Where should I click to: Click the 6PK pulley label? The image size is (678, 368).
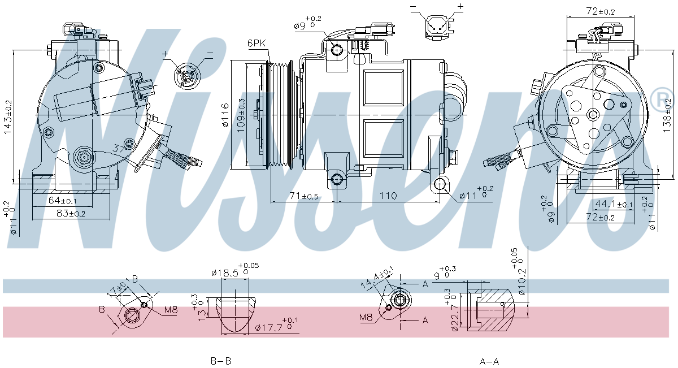click(256, 44)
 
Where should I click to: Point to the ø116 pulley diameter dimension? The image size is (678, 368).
click(225, 115)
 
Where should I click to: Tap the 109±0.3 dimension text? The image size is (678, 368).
click(241, 115)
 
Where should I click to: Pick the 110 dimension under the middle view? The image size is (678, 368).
click(388, 196)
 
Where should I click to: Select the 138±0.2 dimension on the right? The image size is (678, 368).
click(667, 115)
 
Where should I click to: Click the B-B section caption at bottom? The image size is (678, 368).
click(220, 361)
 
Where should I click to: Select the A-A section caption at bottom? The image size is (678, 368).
click(489, 361)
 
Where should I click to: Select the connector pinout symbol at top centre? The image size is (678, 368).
click(437, 24)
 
